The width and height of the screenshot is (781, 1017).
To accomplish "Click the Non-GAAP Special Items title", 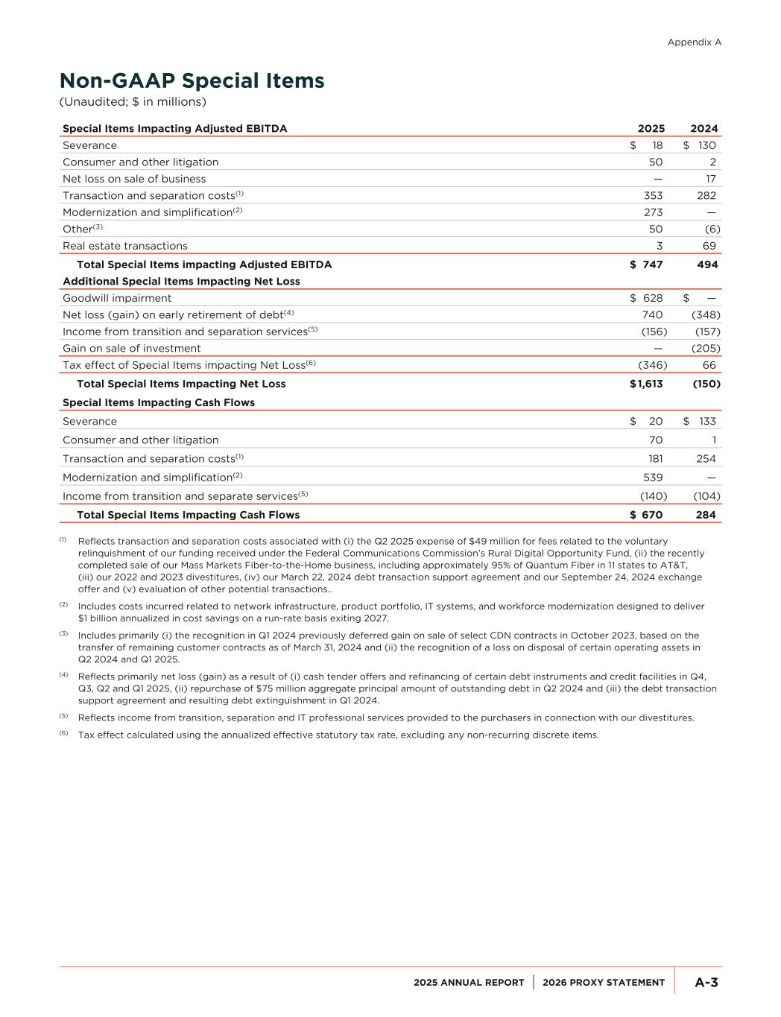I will pos(192,80).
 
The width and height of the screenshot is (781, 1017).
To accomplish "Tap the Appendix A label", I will pos(694,42).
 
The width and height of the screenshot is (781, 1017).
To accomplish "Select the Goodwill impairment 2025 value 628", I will pos(652,298).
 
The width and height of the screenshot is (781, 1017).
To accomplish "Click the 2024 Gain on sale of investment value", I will pos(706,348).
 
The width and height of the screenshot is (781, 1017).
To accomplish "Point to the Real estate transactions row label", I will pos(125,246).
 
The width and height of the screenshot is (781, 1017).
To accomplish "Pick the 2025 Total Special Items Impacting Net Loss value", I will pos(646,384).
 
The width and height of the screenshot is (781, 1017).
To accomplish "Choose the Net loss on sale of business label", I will pos(134,179).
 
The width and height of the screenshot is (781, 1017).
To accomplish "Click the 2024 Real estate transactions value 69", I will pos(709,246).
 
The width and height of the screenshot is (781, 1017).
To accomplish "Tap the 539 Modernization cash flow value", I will pos(653,478).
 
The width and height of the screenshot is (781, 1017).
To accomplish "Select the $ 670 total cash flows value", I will pos(646,515).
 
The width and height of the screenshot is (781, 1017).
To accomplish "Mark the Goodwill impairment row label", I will pos(117,298).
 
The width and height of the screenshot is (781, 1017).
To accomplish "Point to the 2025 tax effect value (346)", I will pos(652,365).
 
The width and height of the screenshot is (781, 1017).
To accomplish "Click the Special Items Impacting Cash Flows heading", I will pos(159,402).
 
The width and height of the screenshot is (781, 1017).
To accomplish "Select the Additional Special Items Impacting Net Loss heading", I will pos(181,281).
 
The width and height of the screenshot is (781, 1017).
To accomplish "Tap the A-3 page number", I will pos(706,983).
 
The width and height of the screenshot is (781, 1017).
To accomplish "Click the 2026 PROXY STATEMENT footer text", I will pos(604,983).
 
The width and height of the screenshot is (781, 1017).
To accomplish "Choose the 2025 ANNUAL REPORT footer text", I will pos(469,983).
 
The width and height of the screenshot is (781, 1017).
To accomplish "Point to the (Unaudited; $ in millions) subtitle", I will pos(133,101).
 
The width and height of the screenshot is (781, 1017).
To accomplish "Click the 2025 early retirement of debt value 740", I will pos(653,314).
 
